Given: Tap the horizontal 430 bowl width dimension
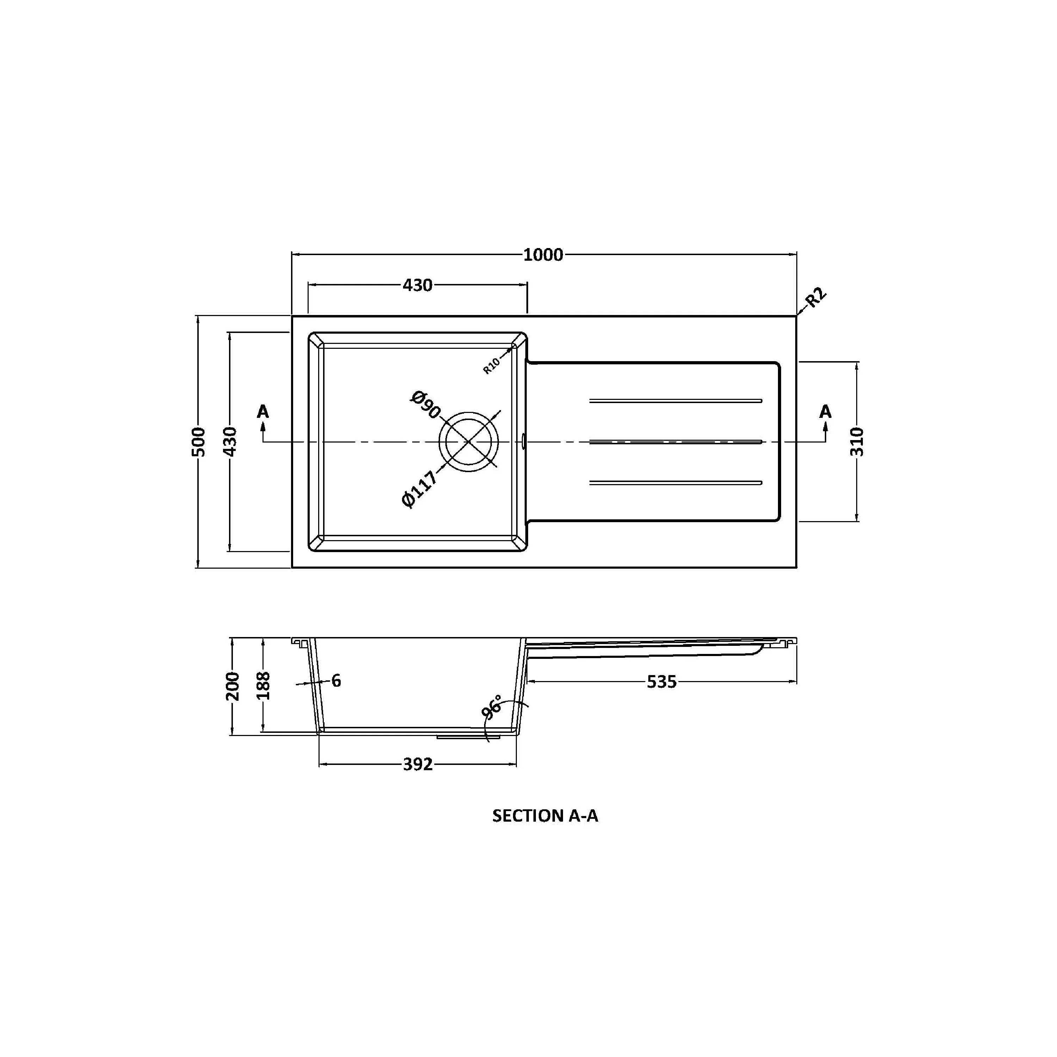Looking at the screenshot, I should (x=418, y=285).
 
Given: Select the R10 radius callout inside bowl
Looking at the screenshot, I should (x=491, y=365).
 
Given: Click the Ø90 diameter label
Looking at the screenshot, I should (x=425, y=405).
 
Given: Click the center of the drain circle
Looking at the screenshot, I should (x=469, y=441).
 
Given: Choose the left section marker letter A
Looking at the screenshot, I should (x=263, y=412).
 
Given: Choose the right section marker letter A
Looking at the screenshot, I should (x=825, y=412).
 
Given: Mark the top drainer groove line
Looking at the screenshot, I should (x=675, y=401).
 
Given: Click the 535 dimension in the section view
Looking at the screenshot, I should (x=661, y=682).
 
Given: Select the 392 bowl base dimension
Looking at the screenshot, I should (x=418, y=764).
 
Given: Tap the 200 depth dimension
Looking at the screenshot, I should (x=233, y=686).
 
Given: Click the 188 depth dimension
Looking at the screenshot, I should (x=264, y=686).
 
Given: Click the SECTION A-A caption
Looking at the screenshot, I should (x=545, y=816).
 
